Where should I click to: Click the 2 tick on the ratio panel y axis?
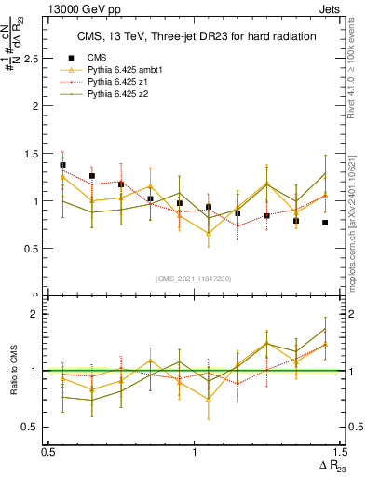click(34, 315)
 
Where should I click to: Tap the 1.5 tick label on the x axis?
click(338, 452)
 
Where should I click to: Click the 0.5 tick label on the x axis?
click(48, 452)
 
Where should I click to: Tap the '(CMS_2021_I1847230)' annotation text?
click(195, 279)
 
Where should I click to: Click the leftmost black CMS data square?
click(62, 165)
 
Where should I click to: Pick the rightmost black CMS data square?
click(325, 223)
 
